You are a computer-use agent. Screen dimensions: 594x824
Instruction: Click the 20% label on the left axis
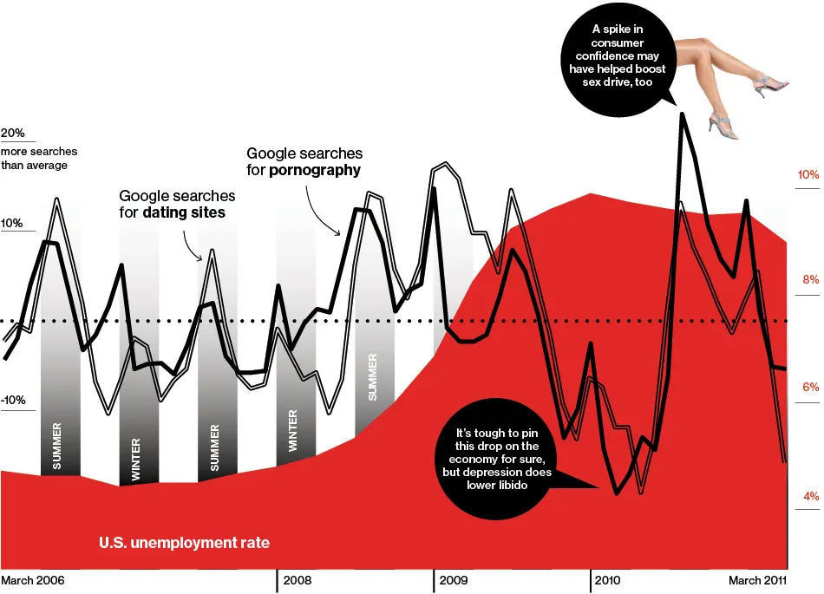coord(13,134)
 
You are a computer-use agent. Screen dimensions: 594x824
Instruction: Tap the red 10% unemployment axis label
coord(808,175)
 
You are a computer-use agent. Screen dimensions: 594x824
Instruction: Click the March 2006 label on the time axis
coord(32,579)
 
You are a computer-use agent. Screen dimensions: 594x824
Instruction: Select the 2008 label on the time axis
coord(298,579)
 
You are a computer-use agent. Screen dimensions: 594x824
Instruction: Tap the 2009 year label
coord(455,579)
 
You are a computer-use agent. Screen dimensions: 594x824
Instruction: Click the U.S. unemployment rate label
coord(184,544)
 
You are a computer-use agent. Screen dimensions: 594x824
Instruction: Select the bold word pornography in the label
coord(314,170)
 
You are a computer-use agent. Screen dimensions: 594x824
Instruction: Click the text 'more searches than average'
coord(34,158)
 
